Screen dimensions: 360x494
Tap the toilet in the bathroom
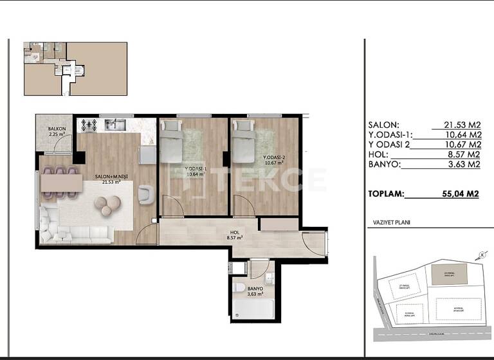(x=239, y=288)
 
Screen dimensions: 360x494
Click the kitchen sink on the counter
(x=116, y=124)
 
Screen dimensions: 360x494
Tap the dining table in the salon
(x=61, y=183)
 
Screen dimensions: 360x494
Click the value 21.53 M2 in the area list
(x=462, y=125)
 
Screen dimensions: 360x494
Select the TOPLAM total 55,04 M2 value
(x=457, y=192)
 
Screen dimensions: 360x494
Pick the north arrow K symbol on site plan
(x=481, y=255)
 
